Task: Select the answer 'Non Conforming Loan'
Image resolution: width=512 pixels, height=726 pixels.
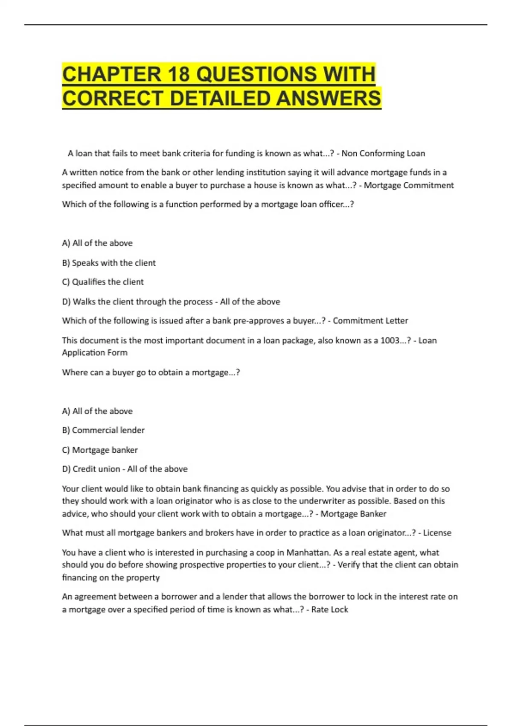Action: click(x=383, y=153)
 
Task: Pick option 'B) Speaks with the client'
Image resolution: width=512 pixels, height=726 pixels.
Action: click(x=109, y=263)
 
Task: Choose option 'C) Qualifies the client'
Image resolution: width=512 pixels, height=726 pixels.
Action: click(x=103, y=282)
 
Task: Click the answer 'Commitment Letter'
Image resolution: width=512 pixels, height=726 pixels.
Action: click(x=370, y=321)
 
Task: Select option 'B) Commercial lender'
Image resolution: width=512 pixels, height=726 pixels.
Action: click(x=103, y=430)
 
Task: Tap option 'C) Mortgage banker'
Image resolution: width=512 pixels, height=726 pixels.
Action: click(x=100, y=450)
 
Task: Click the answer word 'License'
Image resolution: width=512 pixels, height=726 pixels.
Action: click(x=437, y=533)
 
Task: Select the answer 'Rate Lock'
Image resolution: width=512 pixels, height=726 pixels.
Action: click(x=329, y=609)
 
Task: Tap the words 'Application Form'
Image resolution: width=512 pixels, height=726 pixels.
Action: click(x=95, y=352)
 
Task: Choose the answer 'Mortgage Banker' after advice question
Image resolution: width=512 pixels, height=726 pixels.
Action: click(x=353, y=514)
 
